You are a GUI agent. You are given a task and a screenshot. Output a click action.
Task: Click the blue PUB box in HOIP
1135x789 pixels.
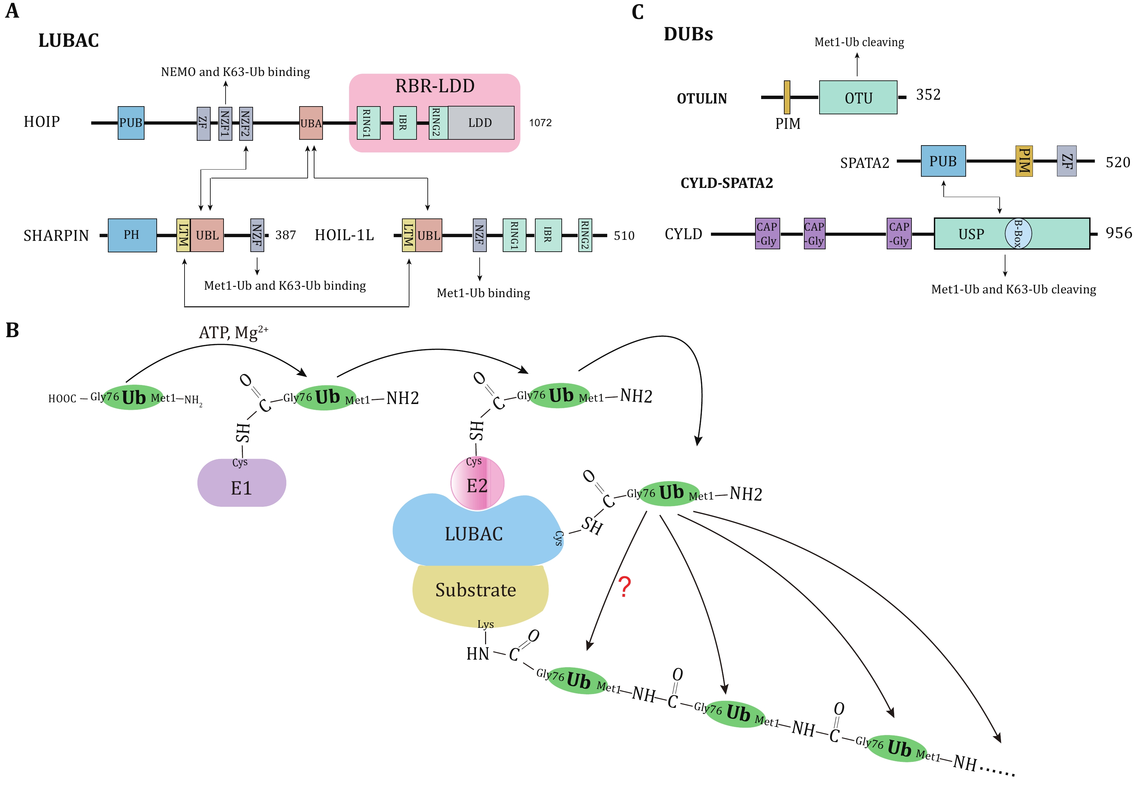[x=131, y=122]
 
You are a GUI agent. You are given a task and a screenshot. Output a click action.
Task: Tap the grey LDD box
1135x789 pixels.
[x=481, y=122]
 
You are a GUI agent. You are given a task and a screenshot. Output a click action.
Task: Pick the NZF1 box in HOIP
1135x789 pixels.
[x=226, y=123]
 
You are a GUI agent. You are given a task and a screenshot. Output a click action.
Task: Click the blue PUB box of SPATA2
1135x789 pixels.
[x=943, y=161]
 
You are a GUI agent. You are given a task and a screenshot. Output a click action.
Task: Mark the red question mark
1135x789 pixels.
[x=625, y=587]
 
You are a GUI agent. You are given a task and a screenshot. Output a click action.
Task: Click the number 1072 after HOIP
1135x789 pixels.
[x=540, y=122]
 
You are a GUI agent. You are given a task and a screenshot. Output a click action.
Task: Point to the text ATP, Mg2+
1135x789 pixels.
[x=233, y=332]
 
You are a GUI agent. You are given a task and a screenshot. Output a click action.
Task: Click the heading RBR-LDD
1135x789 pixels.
[x=435, y=86]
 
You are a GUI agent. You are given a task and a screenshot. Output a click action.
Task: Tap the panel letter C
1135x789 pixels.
[x=638, y=12]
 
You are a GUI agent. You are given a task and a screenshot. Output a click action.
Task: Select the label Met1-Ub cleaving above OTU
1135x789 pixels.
[x=859, y=42]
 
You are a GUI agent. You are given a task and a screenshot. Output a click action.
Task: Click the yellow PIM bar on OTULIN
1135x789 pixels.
[x=787, y=97]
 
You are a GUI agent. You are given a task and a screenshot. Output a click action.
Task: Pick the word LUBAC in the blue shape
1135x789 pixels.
[x=474, y=534]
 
